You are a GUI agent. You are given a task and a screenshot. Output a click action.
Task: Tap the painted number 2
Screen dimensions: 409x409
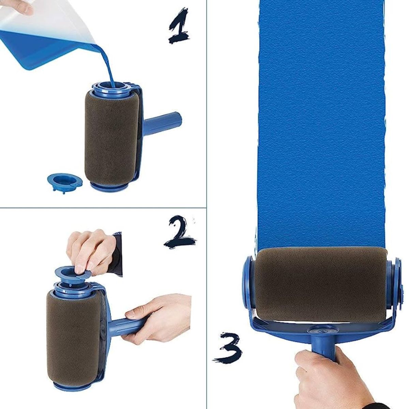[x=179, y=232]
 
